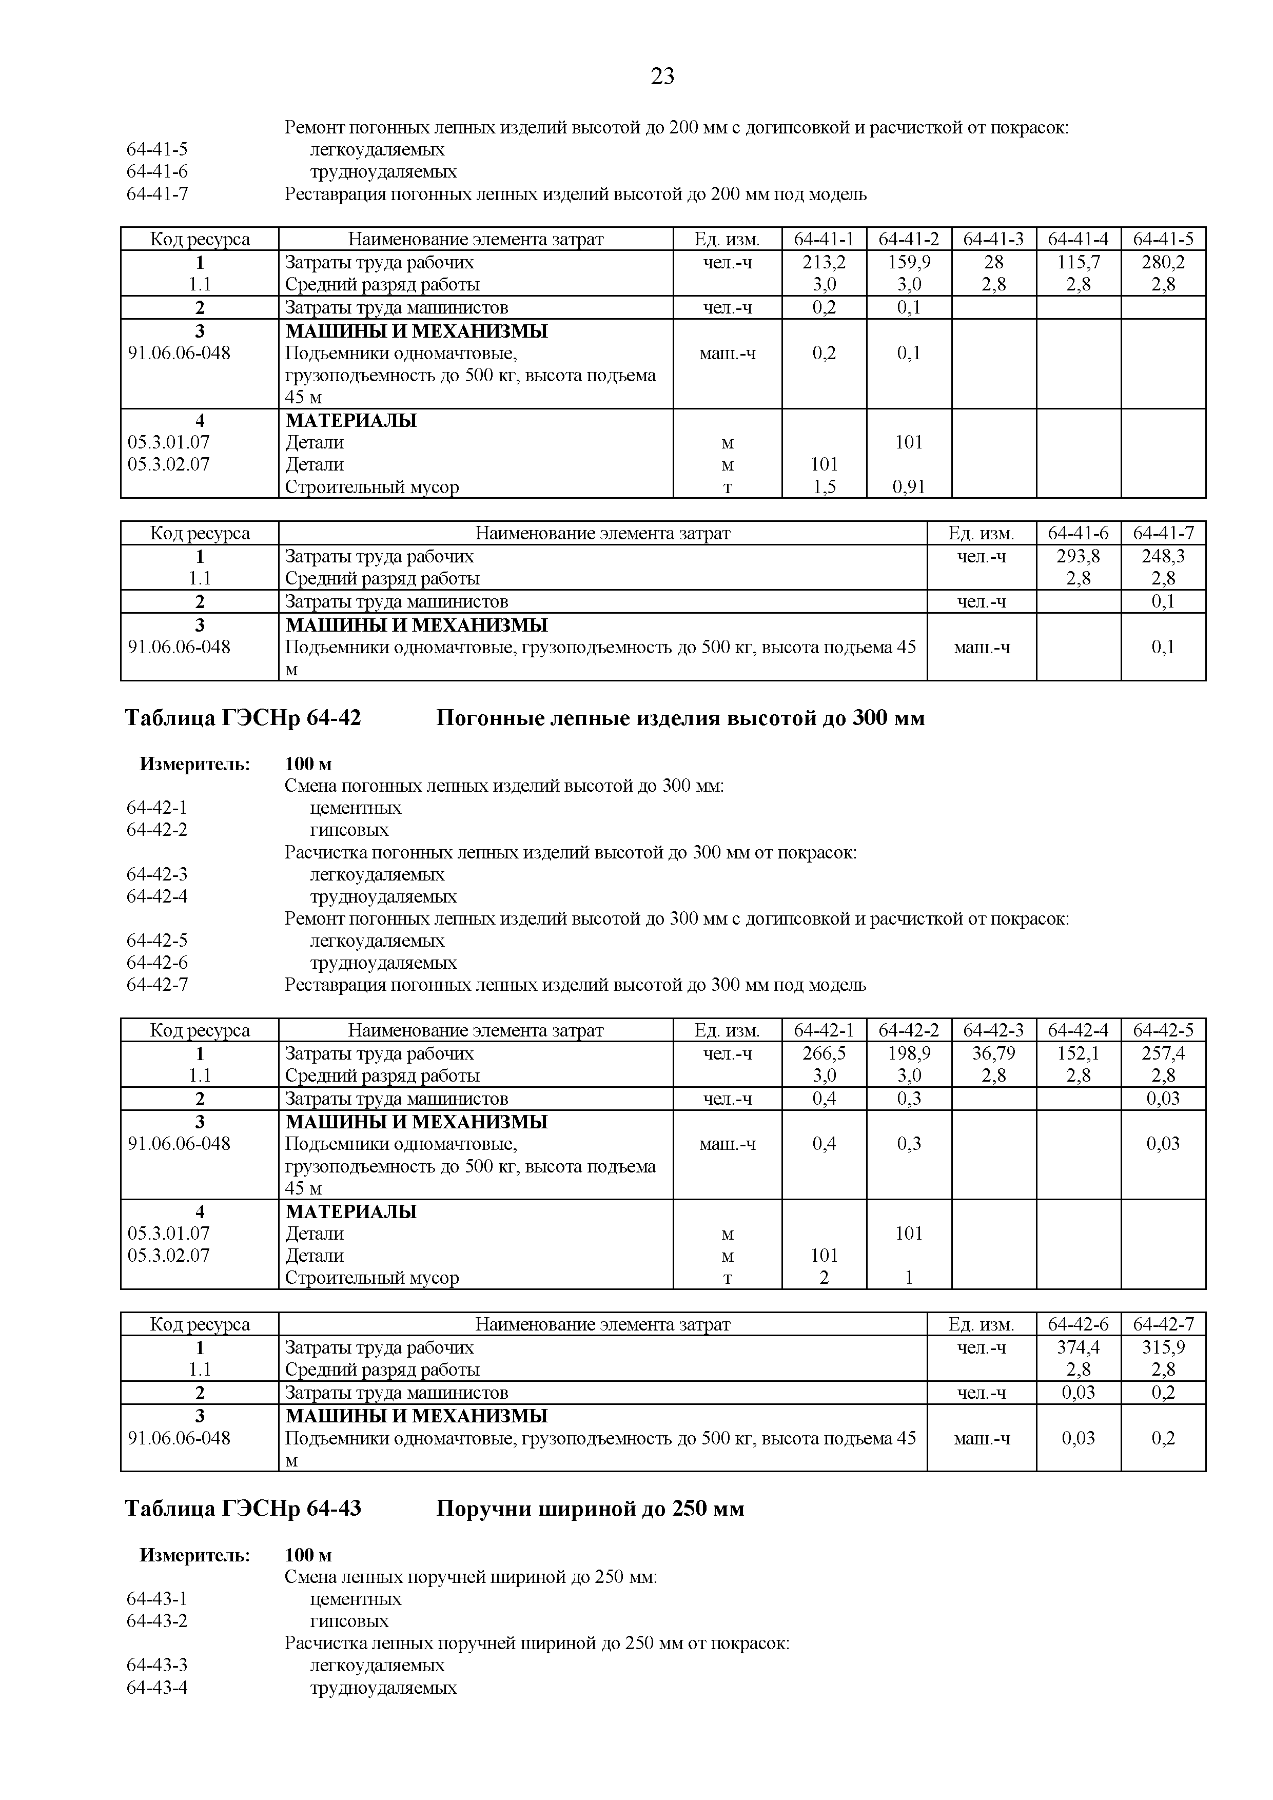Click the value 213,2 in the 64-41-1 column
click(x=824, y=262)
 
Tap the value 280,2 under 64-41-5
click(x=1163, y=262)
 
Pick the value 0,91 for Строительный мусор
click(x=909, y=487)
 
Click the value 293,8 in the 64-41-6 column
click(x=1078, y=556)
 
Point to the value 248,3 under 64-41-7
click(x=1163, y=556)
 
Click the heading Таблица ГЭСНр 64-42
click(x=243, y=717)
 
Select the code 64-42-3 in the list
click(x=157, y=874)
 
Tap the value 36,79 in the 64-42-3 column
click(x=993, y=1053)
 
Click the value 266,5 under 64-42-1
click(x=824, y=1053)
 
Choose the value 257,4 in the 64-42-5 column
click(x=1163, y=1053)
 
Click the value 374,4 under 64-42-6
click(x=1078, y=1347)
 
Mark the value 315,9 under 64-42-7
click(x=1163, y=1347)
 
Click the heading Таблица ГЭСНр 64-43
click(x=243, y=1509)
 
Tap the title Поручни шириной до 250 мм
click(x=590, y=1509)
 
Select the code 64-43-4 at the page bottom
click(x=157, y=1687)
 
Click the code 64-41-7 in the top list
click(x=157, y=193)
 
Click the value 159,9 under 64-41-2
click(x=909, y=262)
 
